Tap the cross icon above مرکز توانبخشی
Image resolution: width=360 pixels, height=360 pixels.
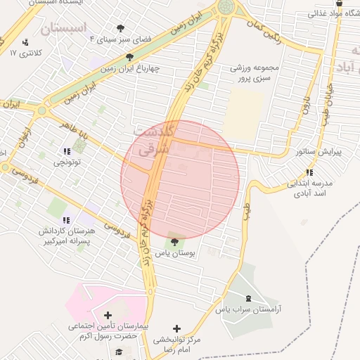point(176,328)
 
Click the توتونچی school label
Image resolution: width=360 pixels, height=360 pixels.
point(68,162)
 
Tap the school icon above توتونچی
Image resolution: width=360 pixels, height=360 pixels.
point(67,151)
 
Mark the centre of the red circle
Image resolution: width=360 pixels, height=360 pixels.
point(180,179)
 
